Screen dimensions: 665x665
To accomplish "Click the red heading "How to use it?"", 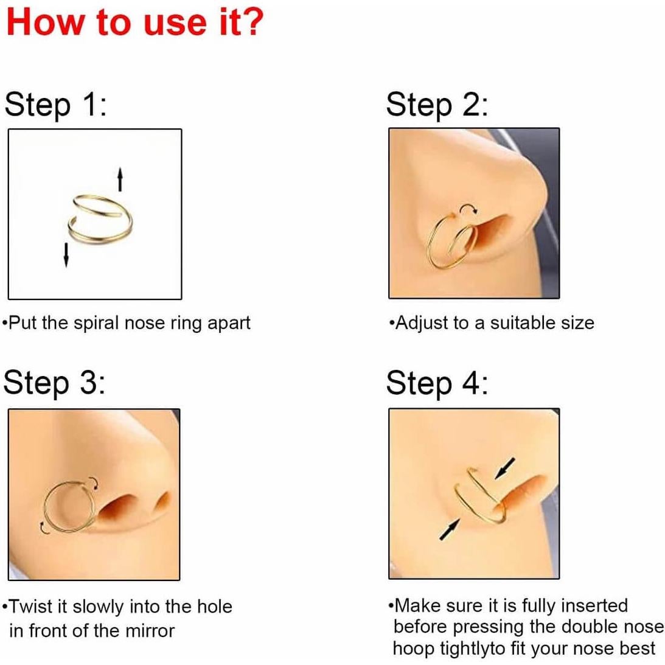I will click(x=134, y=22).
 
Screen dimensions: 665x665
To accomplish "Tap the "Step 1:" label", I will click(x=55, y=104).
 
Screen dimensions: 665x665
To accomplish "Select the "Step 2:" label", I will click(x=436, y=104).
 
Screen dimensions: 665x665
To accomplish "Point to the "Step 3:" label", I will click(x=54, y=383).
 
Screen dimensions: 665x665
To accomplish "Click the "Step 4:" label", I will click(x=436, y=383).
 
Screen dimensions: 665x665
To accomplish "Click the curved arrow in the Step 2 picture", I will click(x=468, y=210).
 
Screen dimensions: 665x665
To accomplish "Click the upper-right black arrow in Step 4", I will click(x=504, y=468).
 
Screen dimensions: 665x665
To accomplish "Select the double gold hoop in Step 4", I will click(x=481, y=496).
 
